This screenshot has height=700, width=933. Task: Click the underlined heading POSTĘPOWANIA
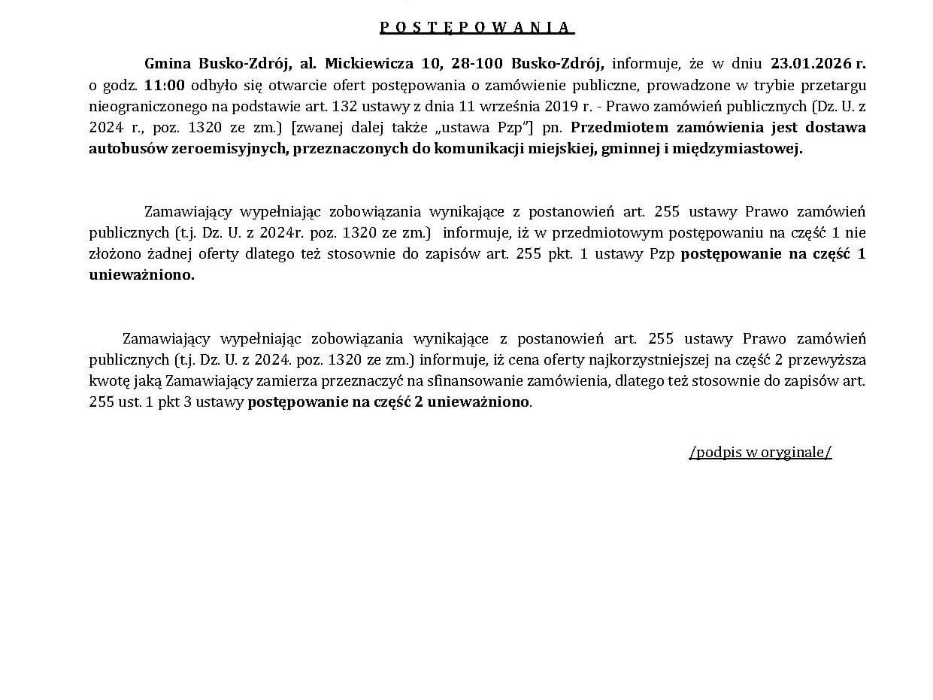click(x=477, y=28)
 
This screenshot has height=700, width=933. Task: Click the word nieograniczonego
click(x=142, y=106)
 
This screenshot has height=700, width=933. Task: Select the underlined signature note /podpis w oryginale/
click(x=760, y=452)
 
